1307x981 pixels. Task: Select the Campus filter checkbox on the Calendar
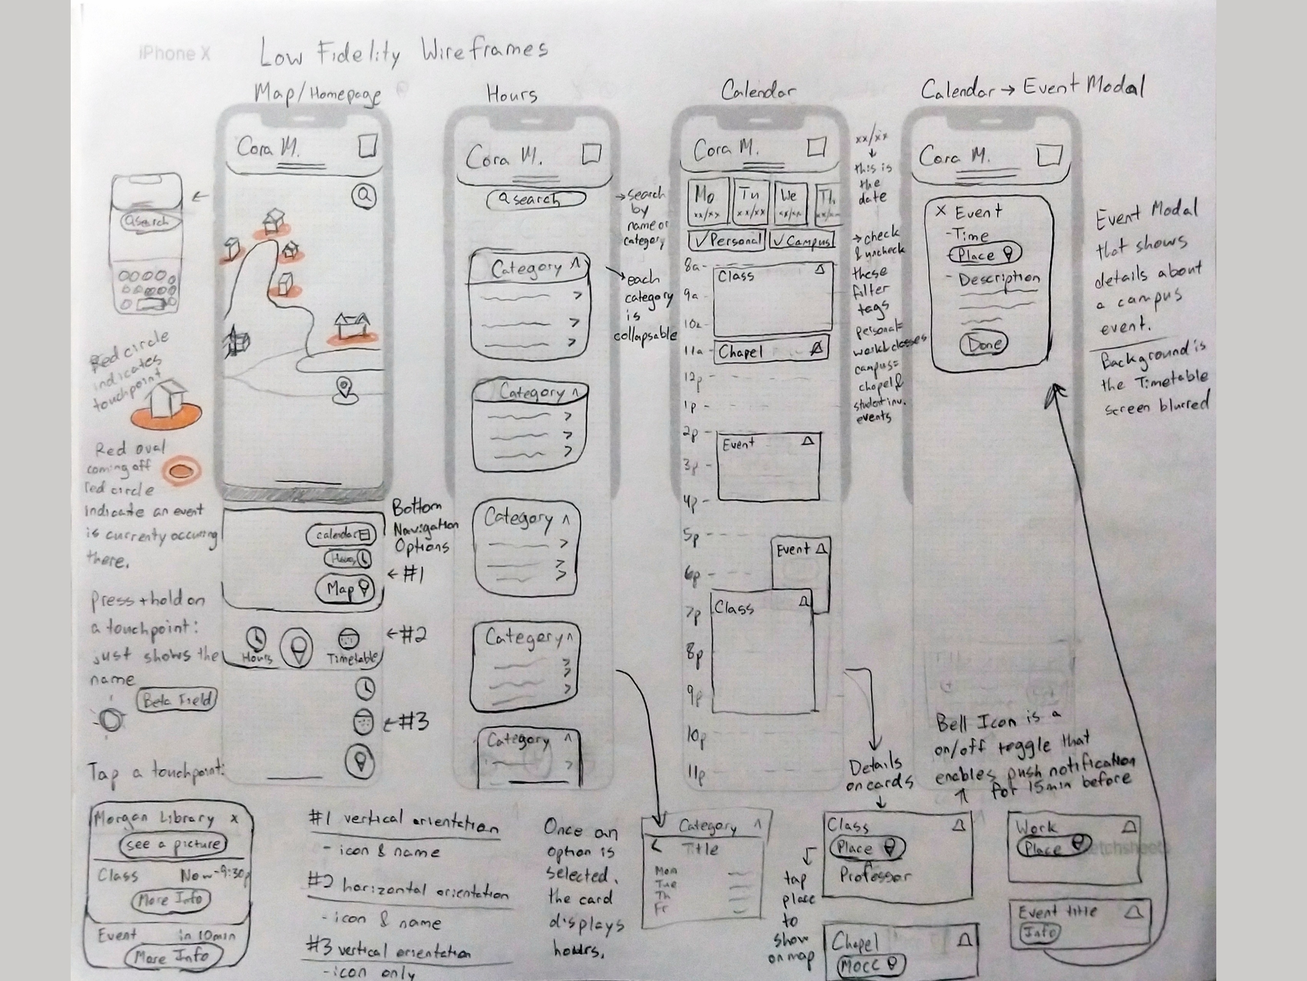(x=802, y=240)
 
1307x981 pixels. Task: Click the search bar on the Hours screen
(x=535, y=199)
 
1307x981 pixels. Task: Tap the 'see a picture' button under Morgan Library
(x=173, y=844)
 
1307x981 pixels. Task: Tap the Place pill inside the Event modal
(x=984, y=255)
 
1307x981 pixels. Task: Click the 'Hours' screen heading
(x=512, y=93)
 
